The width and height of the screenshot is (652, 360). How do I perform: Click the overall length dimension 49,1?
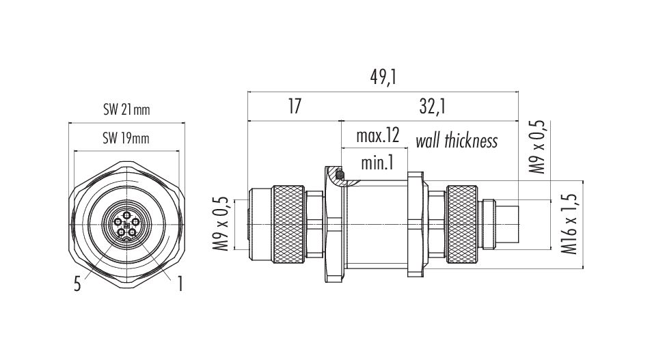pos(383,77)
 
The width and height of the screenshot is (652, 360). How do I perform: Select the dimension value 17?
pos(295,107)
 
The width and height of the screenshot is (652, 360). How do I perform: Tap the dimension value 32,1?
pos(433,107)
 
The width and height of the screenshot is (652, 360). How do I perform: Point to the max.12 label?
pos(377,135)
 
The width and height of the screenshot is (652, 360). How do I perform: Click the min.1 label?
pos(377,163)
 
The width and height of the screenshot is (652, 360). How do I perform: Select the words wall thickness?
pos(457,141)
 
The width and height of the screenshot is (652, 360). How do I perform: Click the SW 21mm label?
pos(126,109)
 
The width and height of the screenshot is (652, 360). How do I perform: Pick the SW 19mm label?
pos(126,138)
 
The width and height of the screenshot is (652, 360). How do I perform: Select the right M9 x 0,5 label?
pos(536,147)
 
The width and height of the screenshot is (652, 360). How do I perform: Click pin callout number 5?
pos(77,285)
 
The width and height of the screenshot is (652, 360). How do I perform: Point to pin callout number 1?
pos(180,285)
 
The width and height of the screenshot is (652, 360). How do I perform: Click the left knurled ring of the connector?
pos(288,225)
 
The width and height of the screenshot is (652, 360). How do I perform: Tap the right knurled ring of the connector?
pos(462,225)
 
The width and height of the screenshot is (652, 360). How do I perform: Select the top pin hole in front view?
pos(126,214)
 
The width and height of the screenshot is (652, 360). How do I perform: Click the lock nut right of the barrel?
pos(416,225)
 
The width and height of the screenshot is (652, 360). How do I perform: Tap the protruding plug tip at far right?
pos(507,225)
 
